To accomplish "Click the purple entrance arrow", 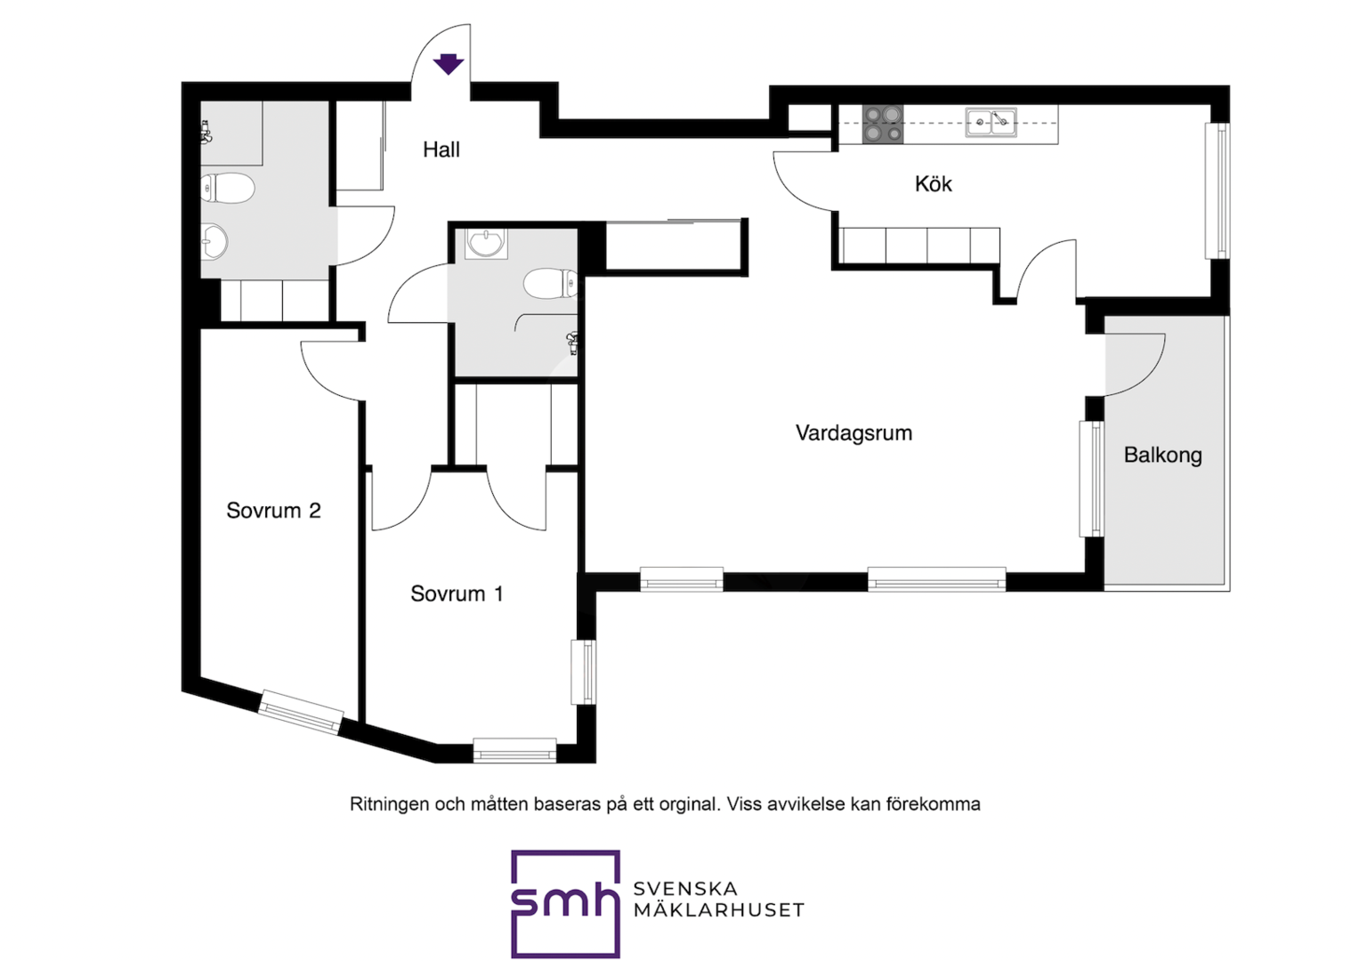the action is pos(449,64).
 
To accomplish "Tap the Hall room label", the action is pos(441,149).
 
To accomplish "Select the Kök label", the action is pos(933,184).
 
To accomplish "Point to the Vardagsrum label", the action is pos(853,432).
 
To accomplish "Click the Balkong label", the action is pos(1162,456).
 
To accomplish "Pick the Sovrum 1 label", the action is pos(457,594).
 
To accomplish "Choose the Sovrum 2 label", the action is pos(273,511).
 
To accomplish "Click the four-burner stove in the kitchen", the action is pos(883,125).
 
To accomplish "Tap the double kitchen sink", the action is pos(991,123).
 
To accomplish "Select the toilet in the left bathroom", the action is pos(227,188).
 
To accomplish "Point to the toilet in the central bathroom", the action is pos(550,283).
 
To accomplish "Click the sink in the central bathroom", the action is pos(486,244).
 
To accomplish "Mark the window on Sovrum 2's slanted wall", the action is pos(300,712).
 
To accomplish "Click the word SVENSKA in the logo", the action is pos(685,889).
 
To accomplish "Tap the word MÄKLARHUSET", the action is pos(718,910).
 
